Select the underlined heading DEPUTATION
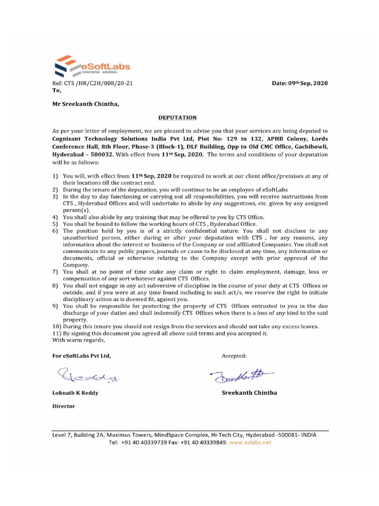(x=177, y=118)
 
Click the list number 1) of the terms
(x=56, y=176)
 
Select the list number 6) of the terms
(x=56, y=230)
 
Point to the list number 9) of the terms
(x=56, y=306)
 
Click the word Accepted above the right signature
(x=234, y=356)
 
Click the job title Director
(x=64, y=406)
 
